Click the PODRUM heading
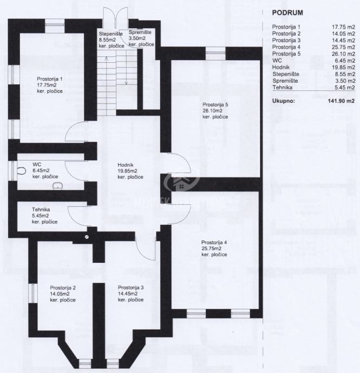tap(281, 12)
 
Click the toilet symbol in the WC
tap(21, 170)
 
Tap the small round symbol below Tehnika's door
tap(86, 236)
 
